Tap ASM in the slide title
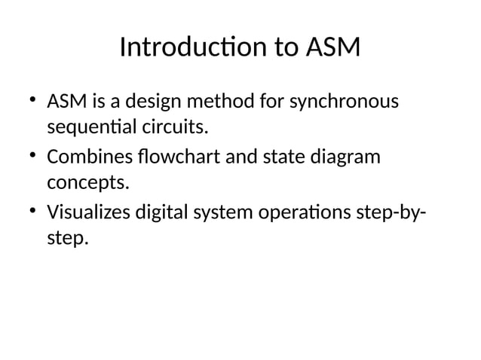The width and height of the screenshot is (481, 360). pyautogui.click(x=332, y=50)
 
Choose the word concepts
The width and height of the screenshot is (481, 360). pyautogui.click(x=84, y=183)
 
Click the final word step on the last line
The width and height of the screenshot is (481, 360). pyautogui.click(x=66, y=239)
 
